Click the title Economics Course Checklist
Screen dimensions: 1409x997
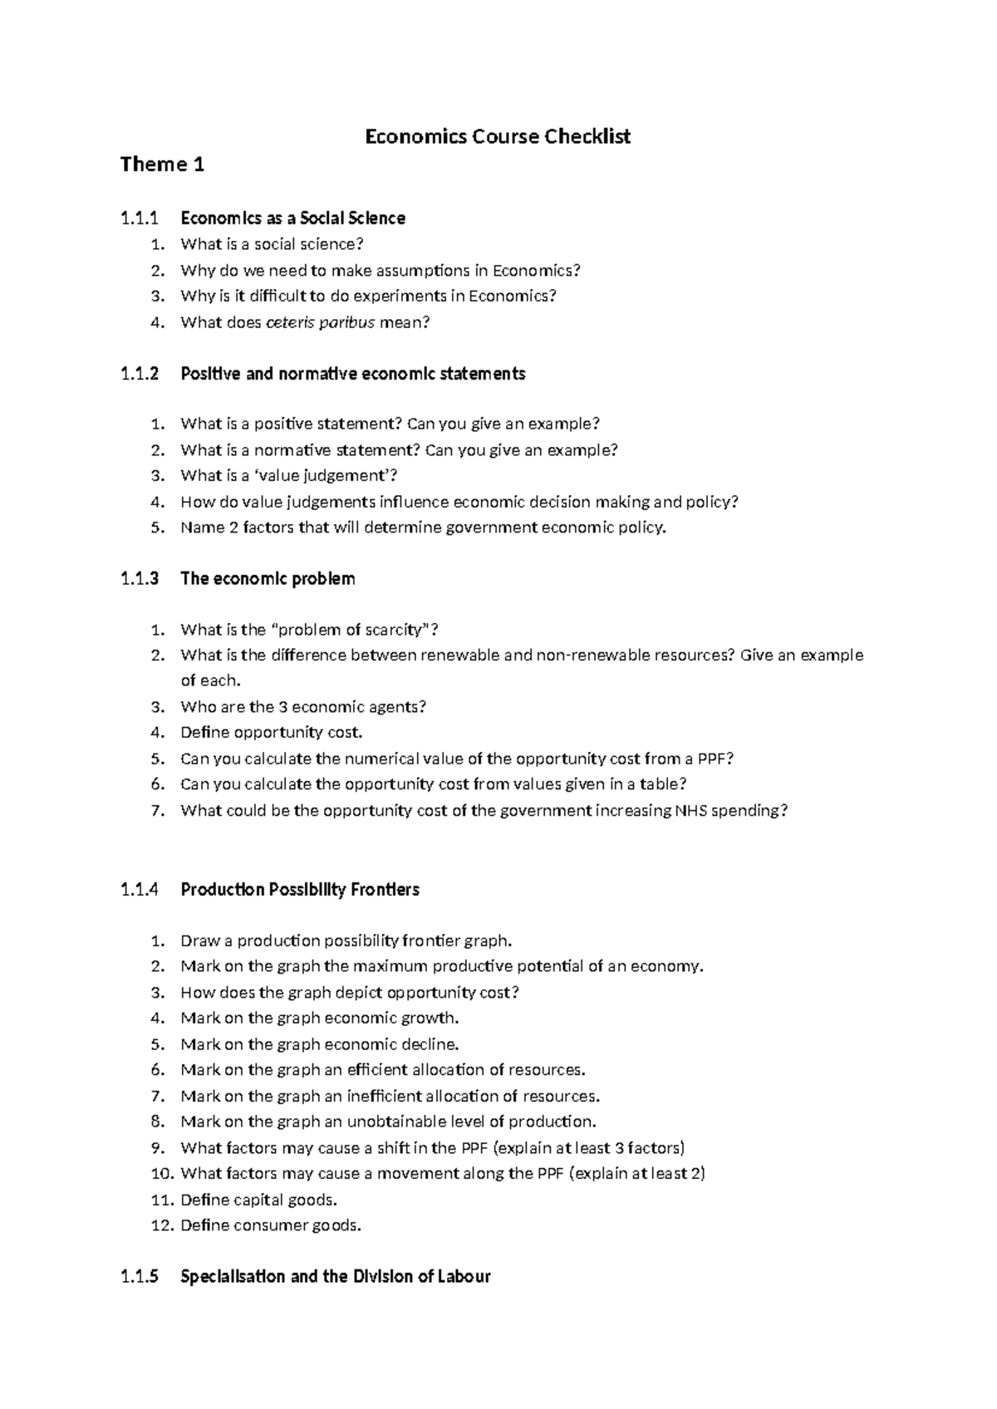[x=498, y=136]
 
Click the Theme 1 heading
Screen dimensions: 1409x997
[x=162, y=164]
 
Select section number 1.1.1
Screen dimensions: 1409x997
[x=139, y=218]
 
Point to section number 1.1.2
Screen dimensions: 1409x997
[x=139, y=374]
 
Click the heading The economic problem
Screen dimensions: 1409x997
[x=268, y=579]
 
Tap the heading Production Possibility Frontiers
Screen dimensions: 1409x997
[x=300, y=890]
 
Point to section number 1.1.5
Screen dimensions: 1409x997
[x=139, y=1277]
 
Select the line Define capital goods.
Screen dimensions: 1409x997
[x=259, y=1200]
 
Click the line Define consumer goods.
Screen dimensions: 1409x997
[x=271, y=1225]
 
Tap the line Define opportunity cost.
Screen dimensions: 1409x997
[x=272, y=733]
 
